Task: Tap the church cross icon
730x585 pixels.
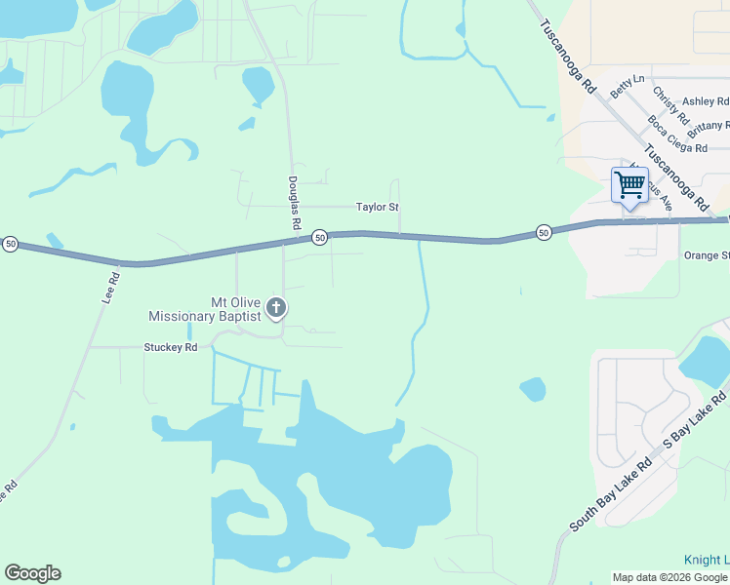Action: [x=276, y=308]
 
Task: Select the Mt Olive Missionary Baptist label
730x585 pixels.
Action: [x=205, y=309]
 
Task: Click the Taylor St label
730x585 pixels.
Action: [x=378, y=208]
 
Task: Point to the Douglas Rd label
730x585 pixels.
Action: [x=294, y=203]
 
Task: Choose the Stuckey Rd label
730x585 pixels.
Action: [x=171, y=347]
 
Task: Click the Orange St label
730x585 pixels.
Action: [x=706, y=255]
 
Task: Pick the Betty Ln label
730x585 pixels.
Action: [x=627, y=86]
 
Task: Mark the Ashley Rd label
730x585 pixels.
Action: [x=705, y=101]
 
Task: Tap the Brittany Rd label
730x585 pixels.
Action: [x=708, y=128]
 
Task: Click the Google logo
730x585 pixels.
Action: [x=32, y=573]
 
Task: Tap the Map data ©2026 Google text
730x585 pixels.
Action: [x=669, y=577]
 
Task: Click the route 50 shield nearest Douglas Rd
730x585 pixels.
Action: [x=319, y=238]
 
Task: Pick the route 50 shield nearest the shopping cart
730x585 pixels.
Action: [x=544, y=232]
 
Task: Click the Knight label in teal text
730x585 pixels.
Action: [x=703, y=561]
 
